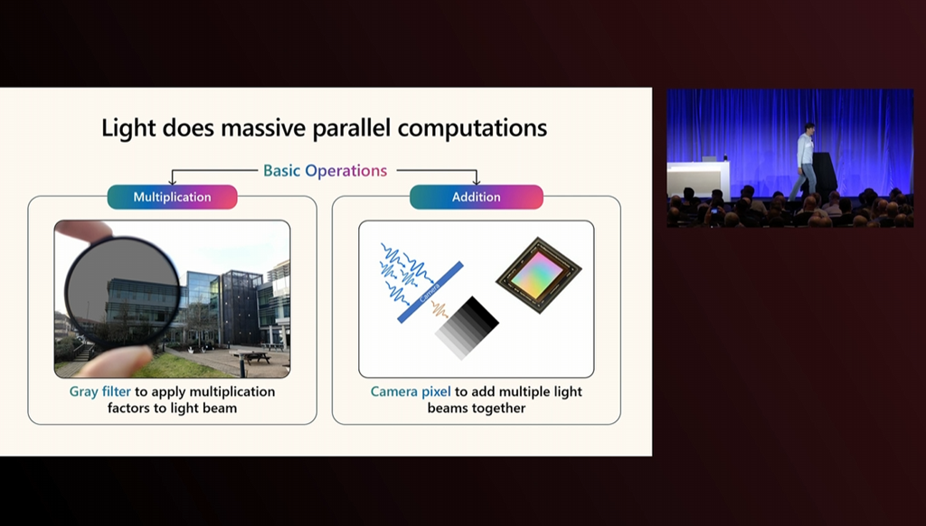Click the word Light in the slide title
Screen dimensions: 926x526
[x=128, y=128]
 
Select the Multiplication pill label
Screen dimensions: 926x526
[x=172, y=197]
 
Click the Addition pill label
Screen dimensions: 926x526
[x=476, y=197]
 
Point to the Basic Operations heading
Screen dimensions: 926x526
[x=326, y=171]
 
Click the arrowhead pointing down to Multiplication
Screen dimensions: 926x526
[x=173, y=182]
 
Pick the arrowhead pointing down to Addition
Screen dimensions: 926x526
[x=477, y=182]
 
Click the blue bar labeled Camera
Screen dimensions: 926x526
[x=430, y=292]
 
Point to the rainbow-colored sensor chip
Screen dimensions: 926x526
[x=539, y=275]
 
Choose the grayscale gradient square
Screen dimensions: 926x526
[x=468, y=328]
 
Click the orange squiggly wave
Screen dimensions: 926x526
[x=439, y=309]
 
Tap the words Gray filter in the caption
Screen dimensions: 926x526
[x=99, y=392]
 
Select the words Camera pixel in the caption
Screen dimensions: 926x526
[x=411, y=392]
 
